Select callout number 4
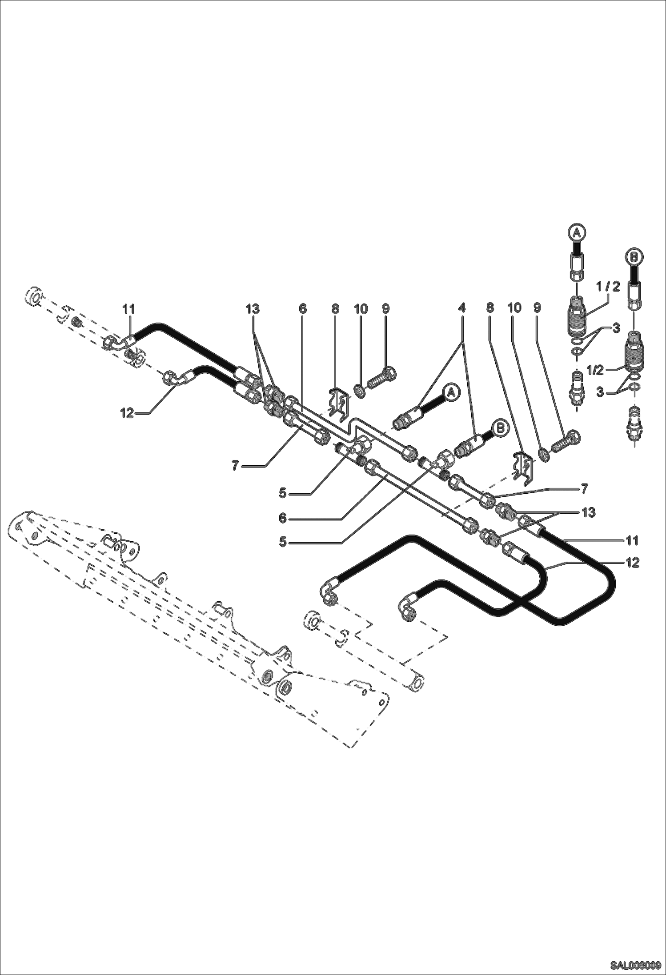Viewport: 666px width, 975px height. tap(462, 309)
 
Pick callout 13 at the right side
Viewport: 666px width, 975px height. tap(588, 512)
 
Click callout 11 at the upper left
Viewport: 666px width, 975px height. tap(129, 309)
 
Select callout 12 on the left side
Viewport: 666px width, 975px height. tap(127, 413)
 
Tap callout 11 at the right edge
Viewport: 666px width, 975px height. tap(632, 540)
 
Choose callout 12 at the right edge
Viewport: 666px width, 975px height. tap(632, 563)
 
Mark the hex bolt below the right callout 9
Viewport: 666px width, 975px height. tap(566, 442)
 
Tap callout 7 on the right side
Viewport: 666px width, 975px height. tap(584, 489)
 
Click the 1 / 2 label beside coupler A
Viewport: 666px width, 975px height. tap(608, 287)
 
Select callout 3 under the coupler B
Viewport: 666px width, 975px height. tap(601, 392)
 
